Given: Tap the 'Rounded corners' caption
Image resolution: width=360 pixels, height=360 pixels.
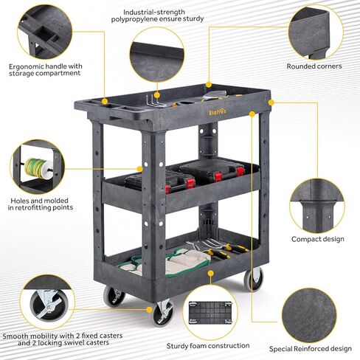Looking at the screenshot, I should (x=314, y=66).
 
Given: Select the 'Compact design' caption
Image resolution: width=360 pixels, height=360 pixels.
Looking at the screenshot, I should (x=316, y=240).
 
